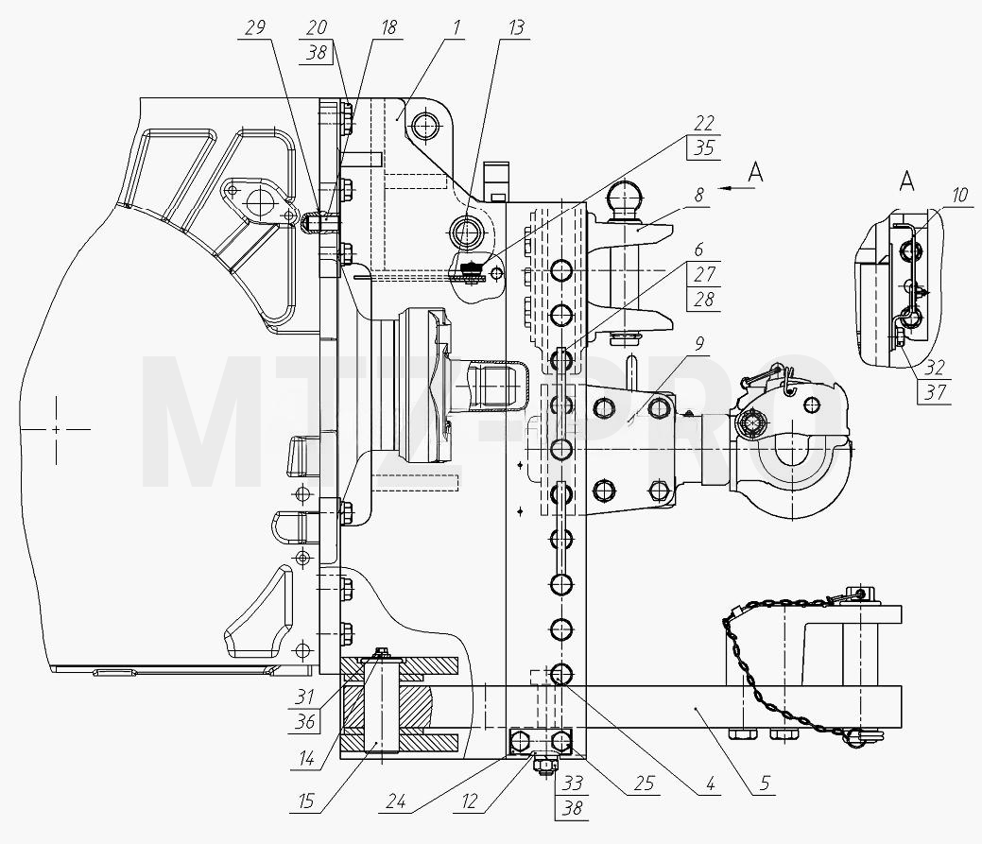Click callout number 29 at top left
coord(255,27)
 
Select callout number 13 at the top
coord(516,27)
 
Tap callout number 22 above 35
coord(704,123)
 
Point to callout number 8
coord(698,195)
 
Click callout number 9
coord(698,344)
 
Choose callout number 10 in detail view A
coord(959,195)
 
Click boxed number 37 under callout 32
coord(935,392)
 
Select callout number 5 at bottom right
coord(765,784)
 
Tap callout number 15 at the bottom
coord(305,801)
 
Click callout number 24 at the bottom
coord(396,801)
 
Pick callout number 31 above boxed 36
coord(305,697)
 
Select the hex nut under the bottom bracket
coord(543,765)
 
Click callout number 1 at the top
coord(457,27)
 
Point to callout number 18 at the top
coord(388,27)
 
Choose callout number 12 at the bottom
coord(469,801)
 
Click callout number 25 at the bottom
coord(645,784)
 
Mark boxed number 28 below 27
coord(704,300)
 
